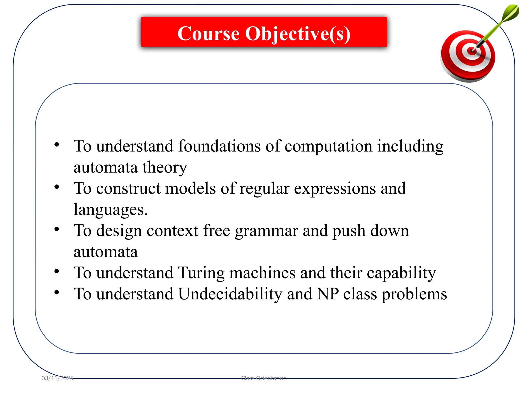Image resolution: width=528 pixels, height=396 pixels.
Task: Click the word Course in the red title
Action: pos(208,34)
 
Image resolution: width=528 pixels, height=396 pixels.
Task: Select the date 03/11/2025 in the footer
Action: pos(57,378)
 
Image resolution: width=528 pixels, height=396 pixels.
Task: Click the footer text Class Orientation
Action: pos(264,378)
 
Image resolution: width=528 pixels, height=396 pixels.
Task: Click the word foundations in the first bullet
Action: pos(219,146)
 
